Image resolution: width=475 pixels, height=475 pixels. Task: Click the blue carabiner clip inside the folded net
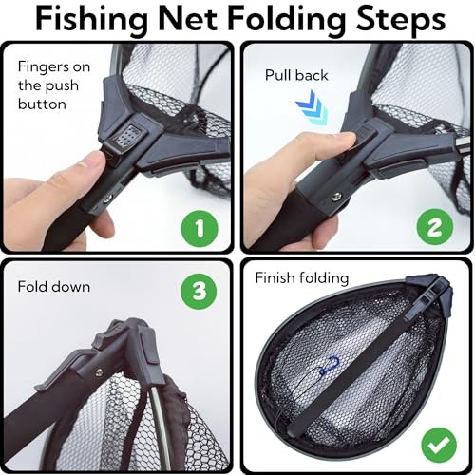tap(332, 364)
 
